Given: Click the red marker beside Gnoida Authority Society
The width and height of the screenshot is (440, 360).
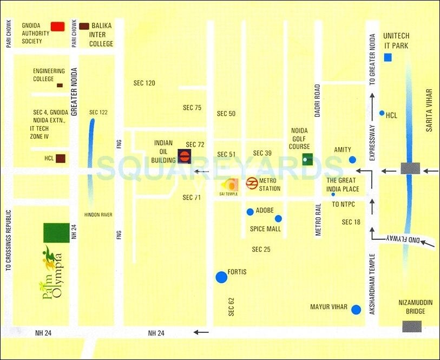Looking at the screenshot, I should pyautogui.click(x=57, y=26).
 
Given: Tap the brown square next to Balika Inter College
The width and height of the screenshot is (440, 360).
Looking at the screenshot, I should pyautogui.click(x=84, y=26).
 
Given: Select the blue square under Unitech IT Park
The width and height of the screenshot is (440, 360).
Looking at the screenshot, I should pyautogui.click(x=388, y=57).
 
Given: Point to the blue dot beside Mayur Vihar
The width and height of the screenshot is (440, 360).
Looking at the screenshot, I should pyautogui.click(x=356, y=310).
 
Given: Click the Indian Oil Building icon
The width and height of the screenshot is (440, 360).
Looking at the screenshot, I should pyautogui.click(x=184, y=157).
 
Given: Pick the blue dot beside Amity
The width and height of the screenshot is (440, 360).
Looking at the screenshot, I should pyautogui.click(x=353, y=160).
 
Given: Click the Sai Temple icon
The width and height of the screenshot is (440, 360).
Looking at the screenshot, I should pyautogui.click(x=230, y=184).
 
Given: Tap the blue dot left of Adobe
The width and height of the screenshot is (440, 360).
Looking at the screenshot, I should pyautogui.click(x=249, y=212).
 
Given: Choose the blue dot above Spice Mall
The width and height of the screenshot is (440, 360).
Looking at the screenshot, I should pyautogui.click(x=278, y=219).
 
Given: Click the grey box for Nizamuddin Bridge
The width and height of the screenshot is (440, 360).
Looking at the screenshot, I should pyautogui.click(x=412, y=326).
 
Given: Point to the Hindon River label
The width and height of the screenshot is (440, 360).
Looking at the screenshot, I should pyautogui.click(x=98, y=215).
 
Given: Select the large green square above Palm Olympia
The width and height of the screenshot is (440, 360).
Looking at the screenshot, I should pyautogui.click(x=56, y=233).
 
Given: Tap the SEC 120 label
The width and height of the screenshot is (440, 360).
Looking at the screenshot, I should pyautogui.click(x=144, y=83).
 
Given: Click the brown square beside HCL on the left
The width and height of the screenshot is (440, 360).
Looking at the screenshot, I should pyautogui.click(x=61, y=159).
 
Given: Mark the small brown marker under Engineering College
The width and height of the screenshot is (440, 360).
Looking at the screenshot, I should pyautogui.click(x=60, y=86).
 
